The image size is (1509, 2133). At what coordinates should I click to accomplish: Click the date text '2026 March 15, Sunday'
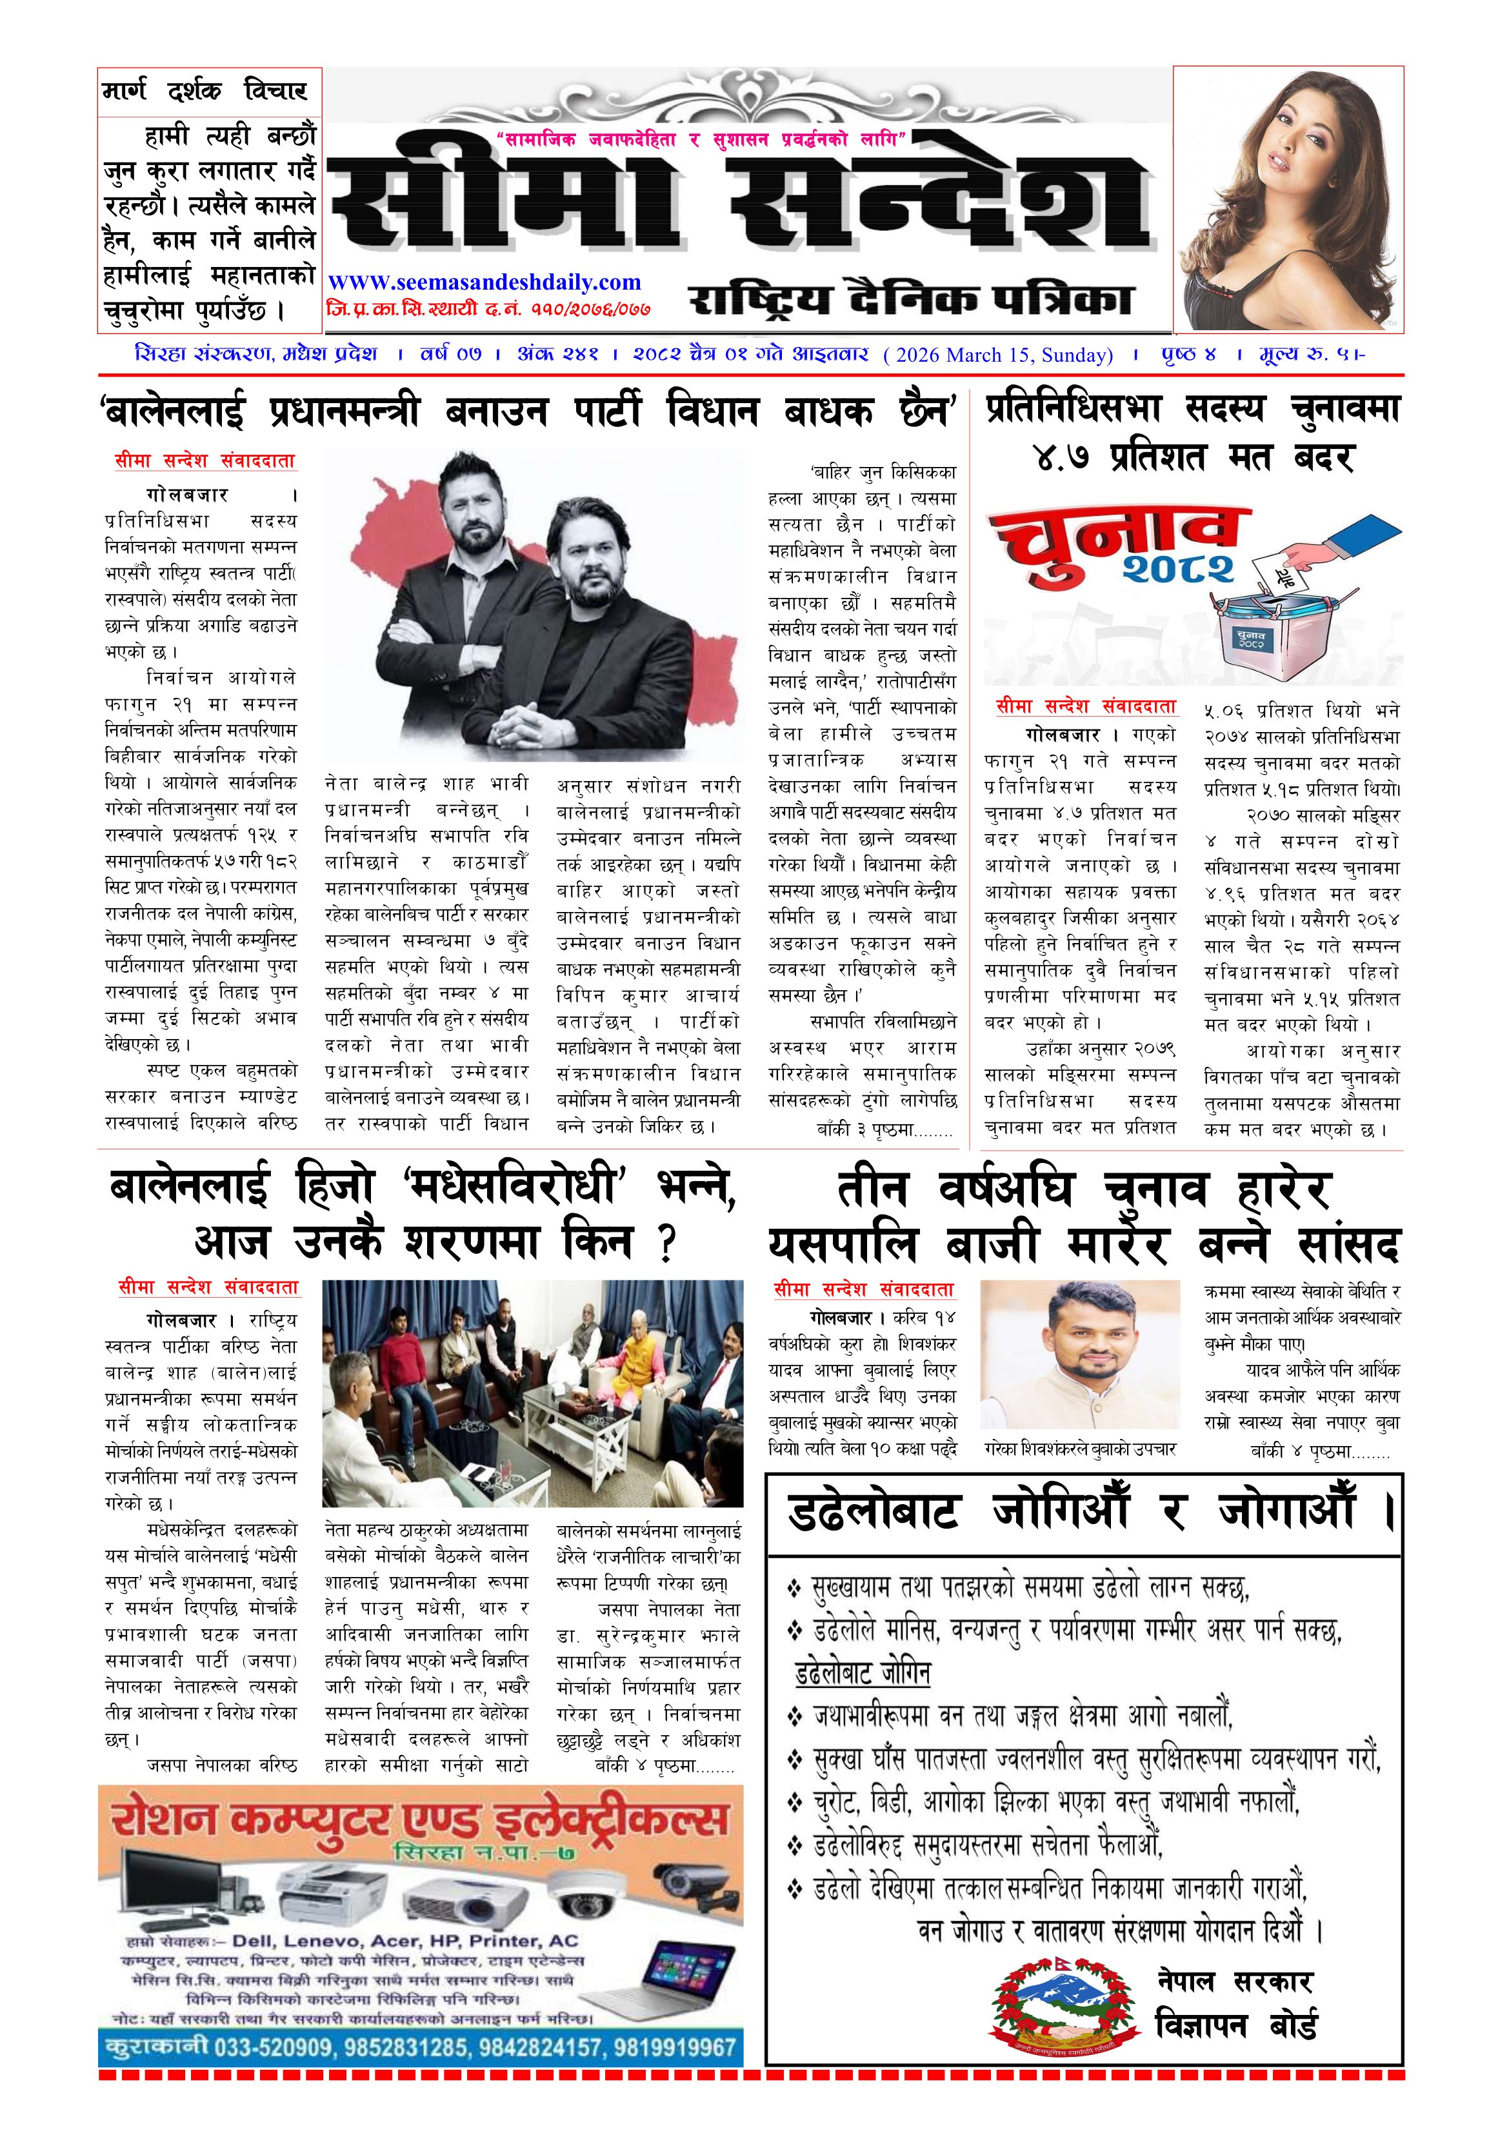[1000, 354]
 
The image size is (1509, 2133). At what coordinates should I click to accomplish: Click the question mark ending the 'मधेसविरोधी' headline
[665, 1243]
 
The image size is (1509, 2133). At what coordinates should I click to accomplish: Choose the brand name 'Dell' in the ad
[253, 1941]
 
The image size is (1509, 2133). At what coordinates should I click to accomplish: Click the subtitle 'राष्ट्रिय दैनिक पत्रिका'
[910, 299]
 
